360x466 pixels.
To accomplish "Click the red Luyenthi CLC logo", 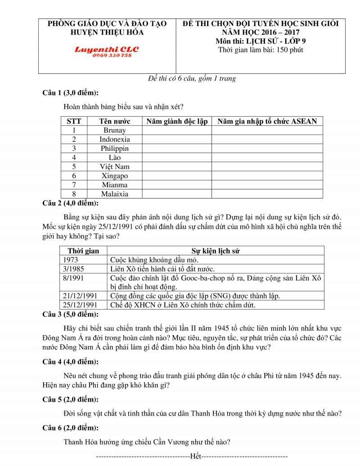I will [107, 50].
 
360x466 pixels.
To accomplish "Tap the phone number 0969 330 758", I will [112, 55].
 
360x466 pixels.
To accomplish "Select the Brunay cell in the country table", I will [114, 131].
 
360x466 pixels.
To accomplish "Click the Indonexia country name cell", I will [114, 140].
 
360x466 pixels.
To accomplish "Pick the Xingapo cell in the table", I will [114, 176].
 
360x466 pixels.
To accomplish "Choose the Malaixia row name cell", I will [114, 194].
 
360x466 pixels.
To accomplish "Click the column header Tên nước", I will [114, 121].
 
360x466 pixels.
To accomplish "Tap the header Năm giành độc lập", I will [177, 121].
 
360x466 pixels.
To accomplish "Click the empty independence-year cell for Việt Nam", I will [177, 167].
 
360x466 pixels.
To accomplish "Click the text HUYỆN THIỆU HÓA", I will [107, 32].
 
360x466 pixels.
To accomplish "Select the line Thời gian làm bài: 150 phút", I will [261, 50].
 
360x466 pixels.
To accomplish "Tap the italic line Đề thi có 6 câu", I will [192, 78].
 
